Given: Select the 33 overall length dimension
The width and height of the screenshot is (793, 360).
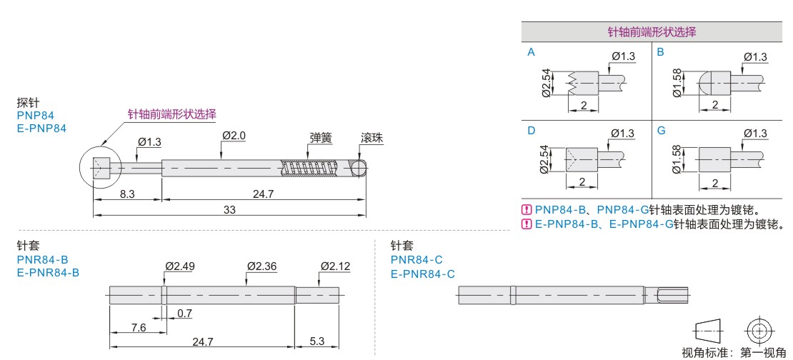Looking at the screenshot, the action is [229, 209].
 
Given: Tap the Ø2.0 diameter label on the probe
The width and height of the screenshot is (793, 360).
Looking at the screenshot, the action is [234, 136].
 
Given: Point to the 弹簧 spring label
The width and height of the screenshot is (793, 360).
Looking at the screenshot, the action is [321, 138].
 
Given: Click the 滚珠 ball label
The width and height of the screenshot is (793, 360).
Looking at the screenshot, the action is [371, 138].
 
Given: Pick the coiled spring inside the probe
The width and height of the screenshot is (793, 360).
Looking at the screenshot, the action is [309, 169].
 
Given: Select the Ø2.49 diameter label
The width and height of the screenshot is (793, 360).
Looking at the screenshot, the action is [180, 266].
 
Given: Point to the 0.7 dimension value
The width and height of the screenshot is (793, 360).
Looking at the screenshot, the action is [184, 314].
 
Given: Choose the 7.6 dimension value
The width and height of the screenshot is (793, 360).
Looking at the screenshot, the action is [139, 328].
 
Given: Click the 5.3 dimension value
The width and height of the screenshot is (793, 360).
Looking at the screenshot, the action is [316, 341].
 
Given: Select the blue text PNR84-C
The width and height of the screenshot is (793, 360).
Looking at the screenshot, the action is [417, 260].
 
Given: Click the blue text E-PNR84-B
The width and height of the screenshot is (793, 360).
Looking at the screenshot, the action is [48, 273].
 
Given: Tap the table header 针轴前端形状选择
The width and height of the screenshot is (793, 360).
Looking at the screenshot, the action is [652, 32].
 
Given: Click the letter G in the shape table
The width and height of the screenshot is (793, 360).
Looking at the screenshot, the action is [662, 131].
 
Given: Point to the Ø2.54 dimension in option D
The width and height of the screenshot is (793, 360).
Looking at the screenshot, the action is [544, 160].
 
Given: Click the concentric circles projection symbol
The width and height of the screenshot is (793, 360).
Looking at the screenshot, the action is [759, 331].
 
